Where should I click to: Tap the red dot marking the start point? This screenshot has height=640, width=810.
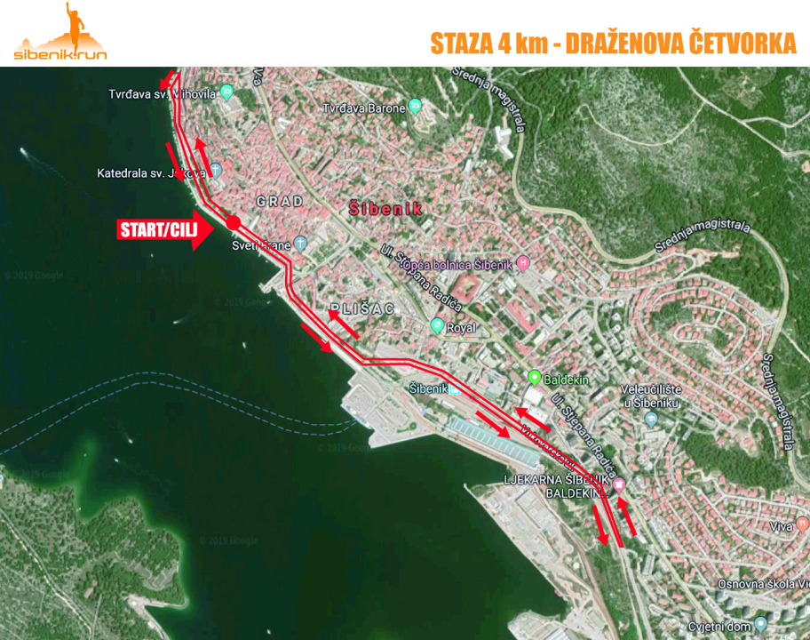[x=233, y=221]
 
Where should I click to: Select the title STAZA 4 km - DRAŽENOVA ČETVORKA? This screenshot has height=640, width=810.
[x=613, y=44]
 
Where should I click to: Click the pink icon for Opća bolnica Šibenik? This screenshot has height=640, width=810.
[x=524, y=262]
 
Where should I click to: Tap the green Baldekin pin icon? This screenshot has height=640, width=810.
[x=535, y=377]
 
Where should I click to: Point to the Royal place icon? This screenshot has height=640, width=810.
[x=437, y=326]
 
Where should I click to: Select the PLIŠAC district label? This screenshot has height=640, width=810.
[x=360, y=308]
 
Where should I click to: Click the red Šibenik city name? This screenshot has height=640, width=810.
[x=385, y=207]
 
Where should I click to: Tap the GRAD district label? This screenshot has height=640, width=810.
[x=280, y=202]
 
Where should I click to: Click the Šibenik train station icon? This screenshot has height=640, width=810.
[x=456, y=388]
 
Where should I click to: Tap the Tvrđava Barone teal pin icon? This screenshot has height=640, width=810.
[x=415, y=108]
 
